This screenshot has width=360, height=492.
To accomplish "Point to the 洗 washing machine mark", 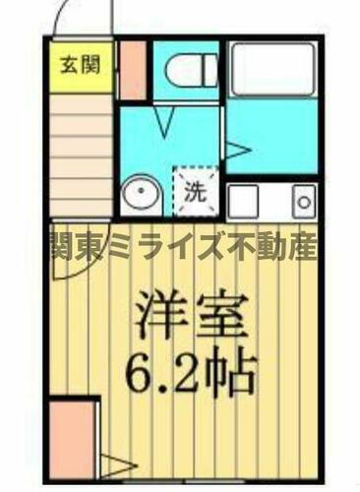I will point(195,192).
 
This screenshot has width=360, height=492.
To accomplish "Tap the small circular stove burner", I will point(304,203).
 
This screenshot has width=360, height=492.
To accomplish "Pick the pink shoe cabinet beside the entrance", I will point(131,71).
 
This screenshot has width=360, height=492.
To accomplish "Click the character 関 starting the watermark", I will point(62,244).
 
